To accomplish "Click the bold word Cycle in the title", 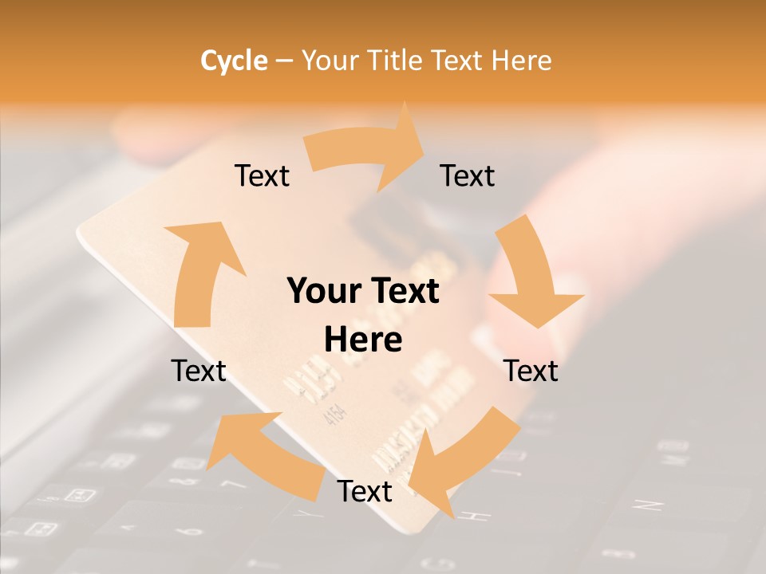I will click(234, 61).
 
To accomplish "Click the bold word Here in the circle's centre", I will click(363, 340).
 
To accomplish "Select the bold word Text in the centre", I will click(404, 291).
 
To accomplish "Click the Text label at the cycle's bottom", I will click(365, 491).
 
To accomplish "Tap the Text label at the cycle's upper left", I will click(262, 175).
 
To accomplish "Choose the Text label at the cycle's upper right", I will click(468, 175).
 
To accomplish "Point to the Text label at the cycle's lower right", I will click(531, 371).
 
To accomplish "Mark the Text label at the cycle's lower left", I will click(199, 371).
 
